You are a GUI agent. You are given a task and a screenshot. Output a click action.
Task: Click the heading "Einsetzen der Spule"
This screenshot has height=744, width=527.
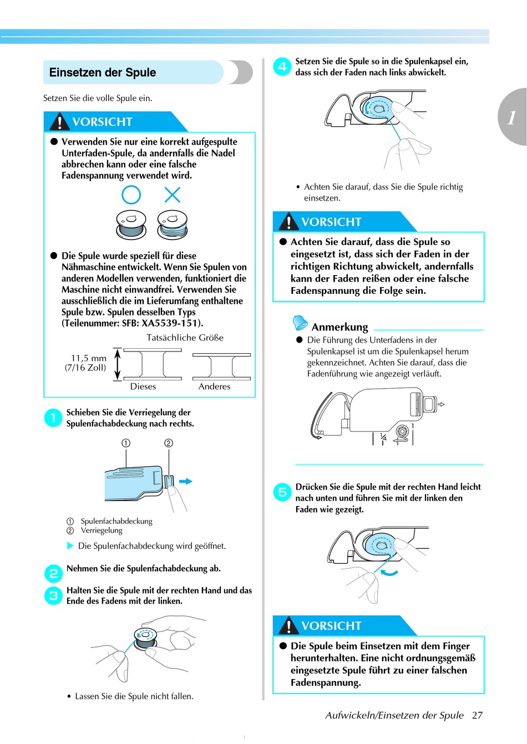point(103,73)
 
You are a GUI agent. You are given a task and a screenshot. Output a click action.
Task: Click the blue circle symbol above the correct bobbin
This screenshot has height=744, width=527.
point(131,195)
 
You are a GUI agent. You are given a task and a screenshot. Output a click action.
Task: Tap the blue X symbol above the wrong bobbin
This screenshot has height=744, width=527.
point(173,195)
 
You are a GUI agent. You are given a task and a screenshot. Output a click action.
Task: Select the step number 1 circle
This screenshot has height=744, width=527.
point(53,417)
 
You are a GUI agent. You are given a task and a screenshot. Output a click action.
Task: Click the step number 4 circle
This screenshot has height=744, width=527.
point(282,67)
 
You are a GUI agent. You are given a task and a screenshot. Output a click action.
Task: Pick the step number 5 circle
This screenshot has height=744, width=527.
point(282,492)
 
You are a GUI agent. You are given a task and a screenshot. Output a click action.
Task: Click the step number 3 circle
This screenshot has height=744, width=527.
point(53,595)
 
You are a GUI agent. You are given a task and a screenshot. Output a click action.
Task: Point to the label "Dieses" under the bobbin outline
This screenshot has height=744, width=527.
point(143,386)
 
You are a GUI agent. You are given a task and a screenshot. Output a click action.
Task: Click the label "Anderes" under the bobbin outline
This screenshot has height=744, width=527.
point(214,386)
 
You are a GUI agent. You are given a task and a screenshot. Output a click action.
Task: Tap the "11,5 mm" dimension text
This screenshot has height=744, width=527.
point(89,358)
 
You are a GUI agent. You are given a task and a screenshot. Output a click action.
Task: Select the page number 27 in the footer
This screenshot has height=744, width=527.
point(477,715)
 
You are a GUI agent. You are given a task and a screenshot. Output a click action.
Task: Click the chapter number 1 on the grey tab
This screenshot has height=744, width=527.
point(511,117)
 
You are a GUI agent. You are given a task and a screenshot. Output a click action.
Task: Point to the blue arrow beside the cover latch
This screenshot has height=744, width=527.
point(186,481)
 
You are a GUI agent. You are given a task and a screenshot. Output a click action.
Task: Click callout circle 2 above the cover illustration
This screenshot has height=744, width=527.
point(169,443)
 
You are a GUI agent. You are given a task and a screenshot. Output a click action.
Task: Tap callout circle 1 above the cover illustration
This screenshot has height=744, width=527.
point(126,443)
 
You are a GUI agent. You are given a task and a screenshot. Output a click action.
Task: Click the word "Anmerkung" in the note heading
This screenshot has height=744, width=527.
point(339,327)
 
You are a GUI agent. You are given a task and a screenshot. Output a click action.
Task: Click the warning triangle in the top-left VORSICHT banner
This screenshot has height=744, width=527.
point(60,121)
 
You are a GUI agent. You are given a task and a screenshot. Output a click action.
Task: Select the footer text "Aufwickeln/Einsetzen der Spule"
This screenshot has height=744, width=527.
point(394,715)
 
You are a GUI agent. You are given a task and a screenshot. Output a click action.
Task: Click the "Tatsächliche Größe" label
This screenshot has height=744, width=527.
point(185,338)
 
